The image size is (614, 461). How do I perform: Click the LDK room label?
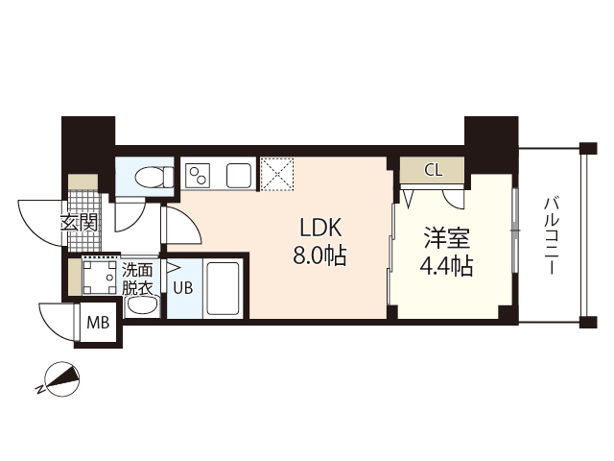(321, 229)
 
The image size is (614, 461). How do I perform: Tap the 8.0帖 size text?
(321, 256)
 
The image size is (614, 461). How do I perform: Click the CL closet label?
(433, 171)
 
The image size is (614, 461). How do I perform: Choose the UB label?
(182, 285)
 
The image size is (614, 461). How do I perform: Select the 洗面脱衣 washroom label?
(137, 279)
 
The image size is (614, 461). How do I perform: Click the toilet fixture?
(152, 177)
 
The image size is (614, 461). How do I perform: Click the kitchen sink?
(238, 175)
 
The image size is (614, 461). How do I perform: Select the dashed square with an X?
(279, 174)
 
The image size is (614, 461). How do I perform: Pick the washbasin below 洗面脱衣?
(141, 306)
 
